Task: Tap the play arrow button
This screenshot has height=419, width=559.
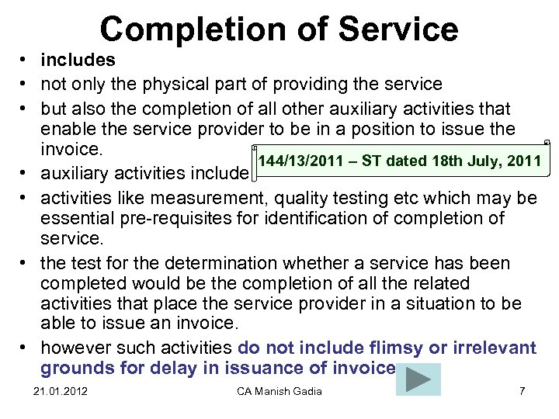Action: (418, 379)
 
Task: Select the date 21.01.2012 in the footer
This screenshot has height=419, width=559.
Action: (61, 390)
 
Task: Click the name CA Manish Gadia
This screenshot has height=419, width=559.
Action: (279, 390)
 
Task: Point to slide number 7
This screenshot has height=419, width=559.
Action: (522, 390)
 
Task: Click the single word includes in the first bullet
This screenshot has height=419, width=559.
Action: (78, 60)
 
